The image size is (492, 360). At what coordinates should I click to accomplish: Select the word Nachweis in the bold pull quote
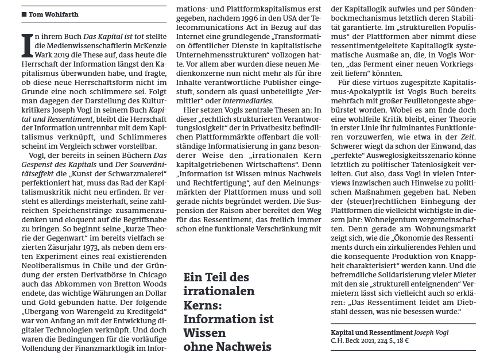pyautogui.click(x=245, y=347)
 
